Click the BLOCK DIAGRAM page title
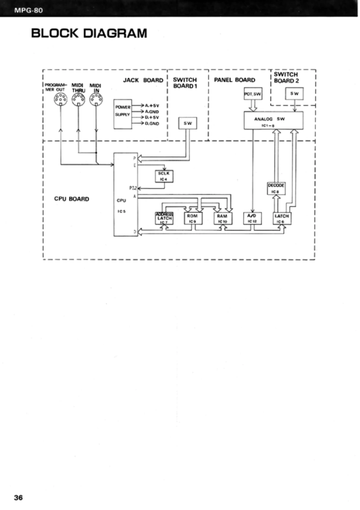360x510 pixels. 89,33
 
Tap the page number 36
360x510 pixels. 18,497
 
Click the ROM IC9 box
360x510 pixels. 192,218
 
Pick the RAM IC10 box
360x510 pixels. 222,218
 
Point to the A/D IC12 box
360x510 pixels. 252,218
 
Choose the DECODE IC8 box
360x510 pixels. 276,189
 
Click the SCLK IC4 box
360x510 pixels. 163,175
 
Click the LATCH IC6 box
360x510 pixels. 282,218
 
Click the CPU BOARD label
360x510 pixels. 71,199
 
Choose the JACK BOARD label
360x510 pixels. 143,80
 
